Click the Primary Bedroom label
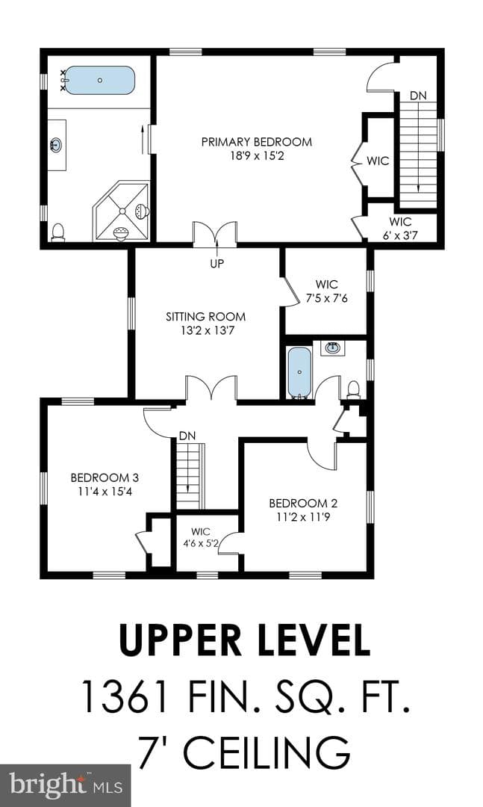(x=256, y=141)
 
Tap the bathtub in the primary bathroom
(x=100, y=80)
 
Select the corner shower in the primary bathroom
(x=121, y=211)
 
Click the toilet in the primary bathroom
(x=58, y=232)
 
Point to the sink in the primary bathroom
(x=57, y=145)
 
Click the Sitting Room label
(x=206, y=317)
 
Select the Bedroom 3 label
(x=105, y=477)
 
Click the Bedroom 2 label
(x=303, y=503)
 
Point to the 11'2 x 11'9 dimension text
(x=303, y=517)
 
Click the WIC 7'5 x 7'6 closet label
(x=327, y=291)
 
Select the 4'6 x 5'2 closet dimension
(x=201, y=542)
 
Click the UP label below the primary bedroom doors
(x=217, y=264)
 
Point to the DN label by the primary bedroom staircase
(x=418, y=96)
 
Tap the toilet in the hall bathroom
(x=353, y=389)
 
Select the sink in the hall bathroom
(x=332, y=348)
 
